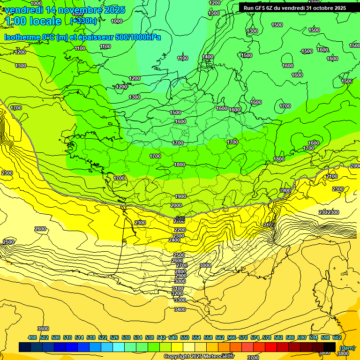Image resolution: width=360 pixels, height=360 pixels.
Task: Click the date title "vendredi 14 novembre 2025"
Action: click(x=65, y=10)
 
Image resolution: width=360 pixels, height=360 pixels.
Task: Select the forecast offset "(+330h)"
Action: click(x=83, y=21)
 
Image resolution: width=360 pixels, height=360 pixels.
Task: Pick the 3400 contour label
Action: click(x=180, y=309)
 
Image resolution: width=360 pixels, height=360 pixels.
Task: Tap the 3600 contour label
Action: click(x=43, y=329)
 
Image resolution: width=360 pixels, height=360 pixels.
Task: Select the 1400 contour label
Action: click(x=207, y=57)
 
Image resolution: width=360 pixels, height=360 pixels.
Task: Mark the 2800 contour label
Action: click(x=180, y=271)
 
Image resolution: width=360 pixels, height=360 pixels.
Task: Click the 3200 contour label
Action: click(x=177, y=293)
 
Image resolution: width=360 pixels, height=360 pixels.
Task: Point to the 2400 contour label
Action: click(x=174, y=240)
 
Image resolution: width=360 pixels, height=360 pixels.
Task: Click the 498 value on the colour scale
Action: click(x=32, y=337)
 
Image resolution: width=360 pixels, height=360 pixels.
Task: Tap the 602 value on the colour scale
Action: click(x=337, y=337)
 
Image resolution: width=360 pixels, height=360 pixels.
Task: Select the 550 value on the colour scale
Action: click(x=185, y=337)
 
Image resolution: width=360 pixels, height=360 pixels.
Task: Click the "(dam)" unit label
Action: click(x=347, y=347)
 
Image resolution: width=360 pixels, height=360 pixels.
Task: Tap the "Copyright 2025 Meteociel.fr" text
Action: click(x=199, y=356)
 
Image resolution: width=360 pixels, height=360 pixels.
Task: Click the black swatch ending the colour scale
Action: click(x=330, y=347)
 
